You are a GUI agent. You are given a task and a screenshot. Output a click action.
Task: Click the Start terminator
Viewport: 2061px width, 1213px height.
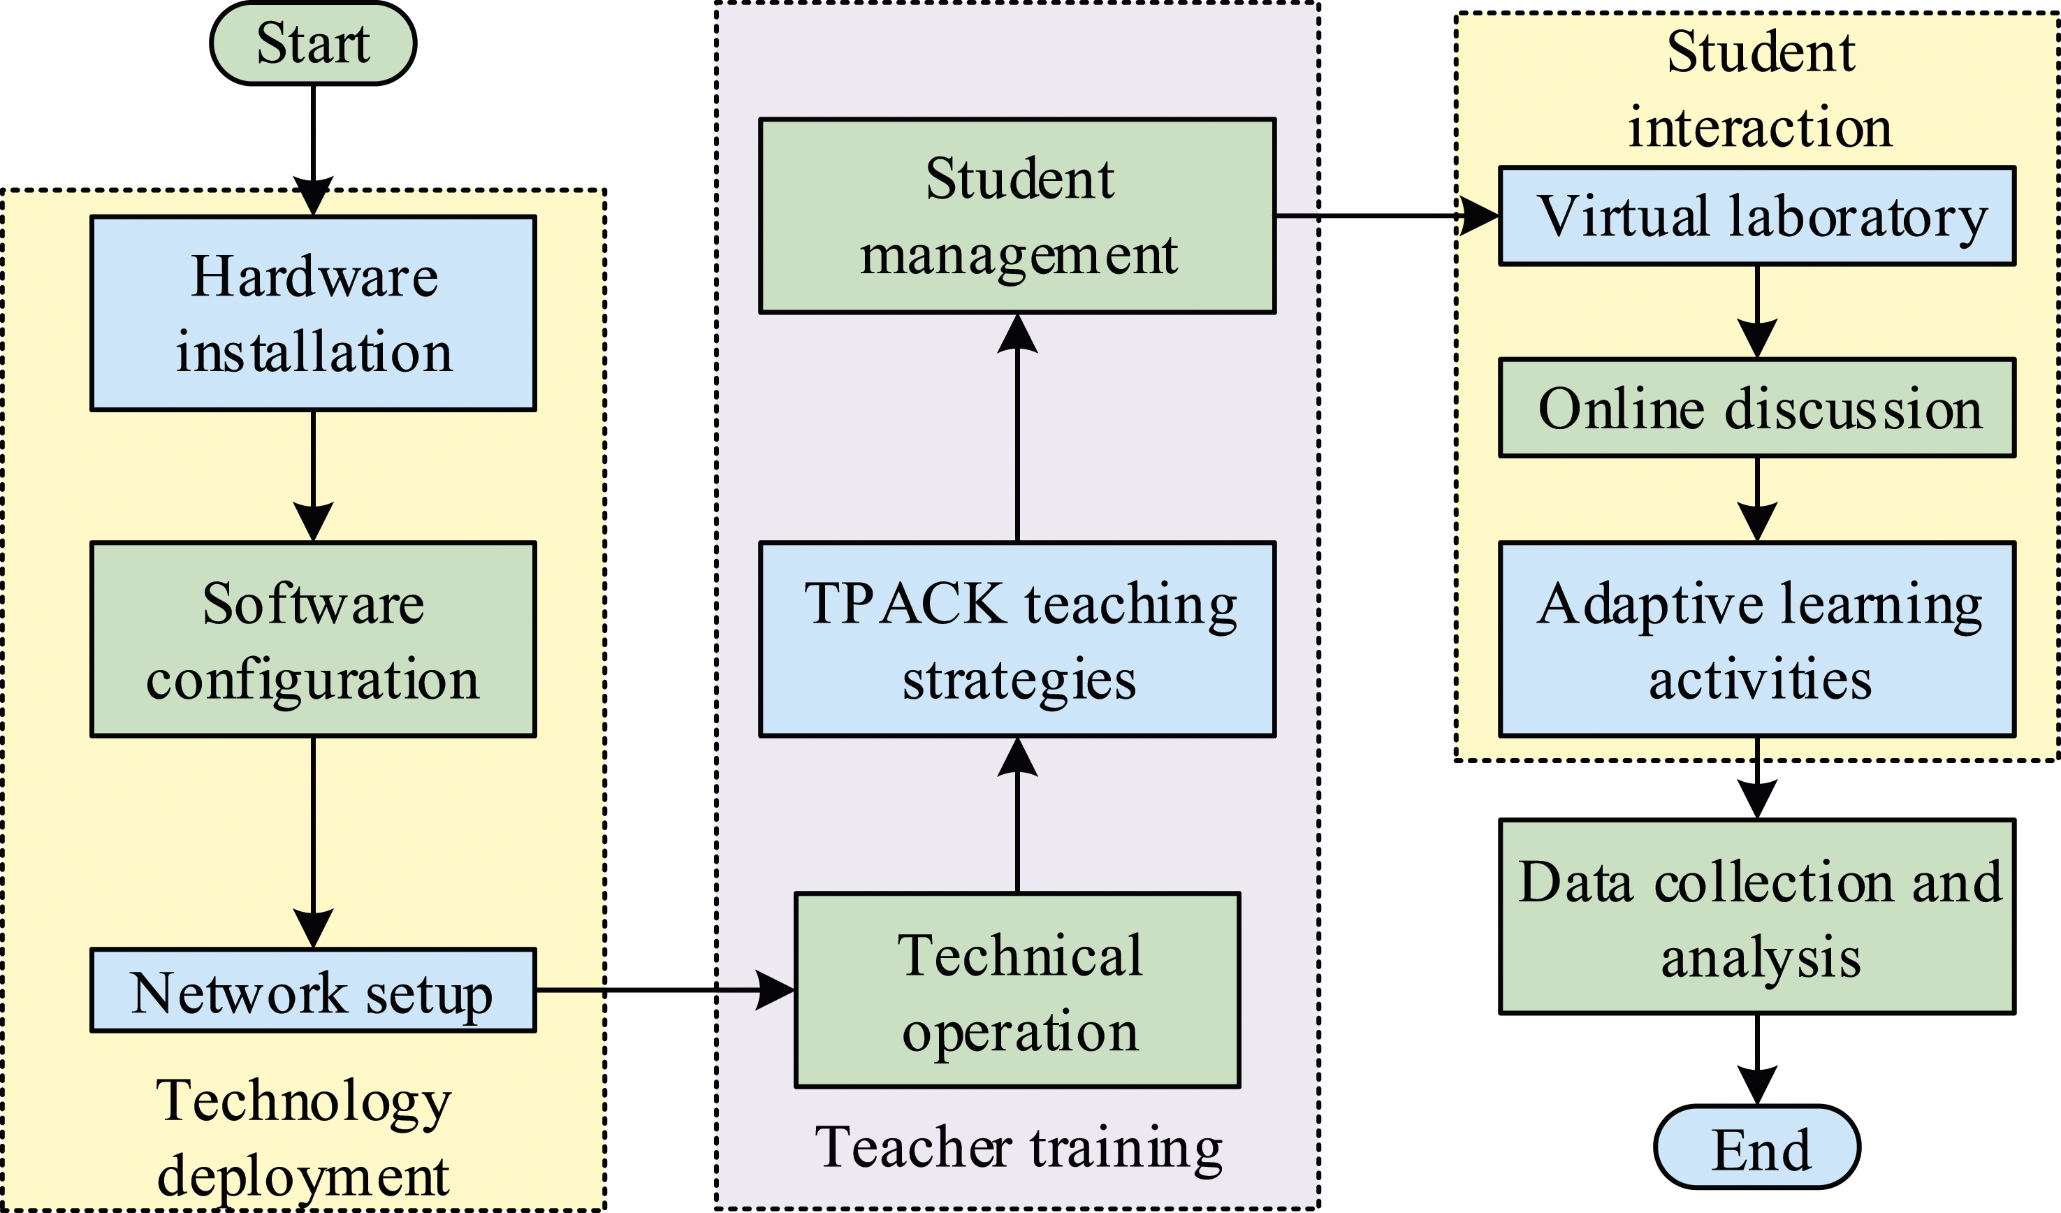point(313,43)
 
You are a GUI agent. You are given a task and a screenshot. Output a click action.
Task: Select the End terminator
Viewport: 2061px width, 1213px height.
point(1757,1147)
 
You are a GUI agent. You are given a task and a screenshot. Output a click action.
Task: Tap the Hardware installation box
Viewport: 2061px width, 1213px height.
point(313,313)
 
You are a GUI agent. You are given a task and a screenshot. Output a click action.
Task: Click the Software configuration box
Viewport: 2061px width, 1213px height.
point(313,639)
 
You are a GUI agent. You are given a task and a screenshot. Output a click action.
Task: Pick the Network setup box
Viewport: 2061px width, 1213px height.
point(313,991)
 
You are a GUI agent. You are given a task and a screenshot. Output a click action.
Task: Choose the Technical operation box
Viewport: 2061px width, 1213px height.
point(1017,991)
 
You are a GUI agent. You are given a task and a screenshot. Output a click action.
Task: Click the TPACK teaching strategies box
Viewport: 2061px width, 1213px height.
point(1017,639)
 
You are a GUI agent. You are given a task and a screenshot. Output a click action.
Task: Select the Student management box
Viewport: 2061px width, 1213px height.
point(1017,216)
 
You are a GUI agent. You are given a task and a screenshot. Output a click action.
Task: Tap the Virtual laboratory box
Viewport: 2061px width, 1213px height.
point(1757,216)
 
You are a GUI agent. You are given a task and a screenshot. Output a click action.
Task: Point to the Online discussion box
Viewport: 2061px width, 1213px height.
point(1757,408)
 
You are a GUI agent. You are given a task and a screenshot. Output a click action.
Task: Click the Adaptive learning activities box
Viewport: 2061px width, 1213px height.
point(1757,639)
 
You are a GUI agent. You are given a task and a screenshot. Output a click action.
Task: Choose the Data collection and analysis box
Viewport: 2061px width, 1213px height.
point(1757,916)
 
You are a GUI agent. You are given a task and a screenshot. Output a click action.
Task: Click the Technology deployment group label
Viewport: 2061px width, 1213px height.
point(303,1138)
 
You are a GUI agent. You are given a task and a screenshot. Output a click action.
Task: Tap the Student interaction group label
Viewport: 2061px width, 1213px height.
point(1760,89)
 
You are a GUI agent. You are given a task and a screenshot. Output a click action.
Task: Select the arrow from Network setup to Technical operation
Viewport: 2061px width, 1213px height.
point(666,991)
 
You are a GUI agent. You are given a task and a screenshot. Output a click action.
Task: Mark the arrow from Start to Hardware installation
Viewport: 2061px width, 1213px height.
point(313,150)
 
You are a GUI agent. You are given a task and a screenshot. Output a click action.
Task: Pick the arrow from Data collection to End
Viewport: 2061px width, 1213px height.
point(1757,1060)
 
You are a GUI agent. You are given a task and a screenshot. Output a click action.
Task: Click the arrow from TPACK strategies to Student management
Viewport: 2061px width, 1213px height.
point(1017,428)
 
